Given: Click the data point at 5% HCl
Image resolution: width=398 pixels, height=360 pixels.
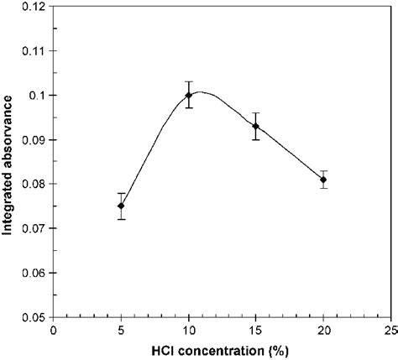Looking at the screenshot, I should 121,206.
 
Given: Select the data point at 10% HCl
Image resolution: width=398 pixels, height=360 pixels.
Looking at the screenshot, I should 189,95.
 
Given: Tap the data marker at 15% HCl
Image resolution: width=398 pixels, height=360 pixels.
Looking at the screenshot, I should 256,126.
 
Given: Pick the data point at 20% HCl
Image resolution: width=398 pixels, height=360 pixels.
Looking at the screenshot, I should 323,180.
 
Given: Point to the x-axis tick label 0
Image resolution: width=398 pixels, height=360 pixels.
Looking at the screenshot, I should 54,330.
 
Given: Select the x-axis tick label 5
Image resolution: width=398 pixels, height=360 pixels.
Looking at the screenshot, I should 121,330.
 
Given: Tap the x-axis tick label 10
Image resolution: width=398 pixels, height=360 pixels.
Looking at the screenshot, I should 189,330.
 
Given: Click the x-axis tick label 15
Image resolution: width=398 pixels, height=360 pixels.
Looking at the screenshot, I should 256,330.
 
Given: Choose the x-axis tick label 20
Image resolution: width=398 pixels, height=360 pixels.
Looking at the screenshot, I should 323,330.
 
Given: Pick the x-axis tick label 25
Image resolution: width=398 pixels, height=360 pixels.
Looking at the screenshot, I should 389,330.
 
